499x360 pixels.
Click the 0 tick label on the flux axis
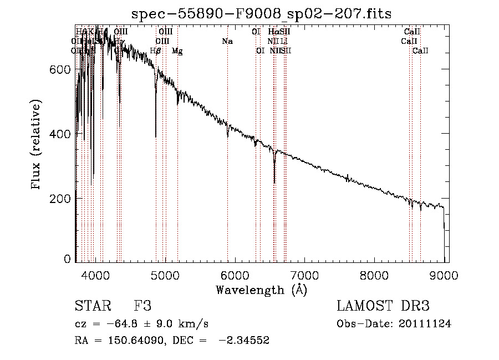pos(67,259)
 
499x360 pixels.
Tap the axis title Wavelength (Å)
pos(261,290)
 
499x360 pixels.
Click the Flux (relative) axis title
pos(37,145)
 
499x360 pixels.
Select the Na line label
pos(227,41)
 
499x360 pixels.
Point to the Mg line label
pos(177,51)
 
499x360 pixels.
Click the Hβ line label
pos(156,51)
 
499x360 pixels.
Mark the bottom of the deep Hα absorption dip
pos(274,182)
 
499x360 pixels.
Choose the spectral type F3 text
pos(142,306)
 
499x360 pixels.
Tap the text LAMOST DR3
pos(383,306)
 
